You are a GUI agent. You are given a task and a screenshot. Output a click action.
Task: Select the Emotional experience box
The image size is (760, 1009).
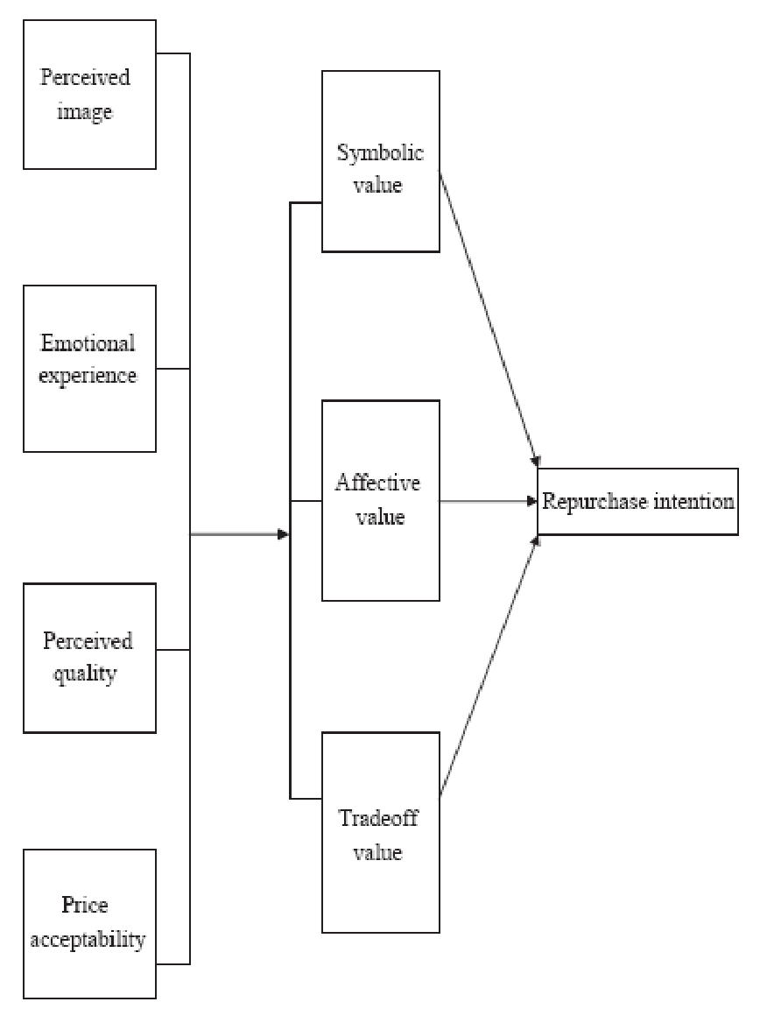(x=89, y=368)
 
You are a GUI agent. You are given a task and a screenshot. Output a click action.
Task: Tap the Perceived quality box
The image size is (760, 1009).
(x=89, y=657)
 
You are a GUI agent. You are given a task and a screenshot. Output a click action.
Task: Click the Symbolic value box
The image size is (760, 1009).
(x=380, y=163)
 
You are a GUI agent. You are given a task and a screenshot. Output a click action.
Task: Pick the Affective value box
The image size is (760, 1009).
(x=380, y=500)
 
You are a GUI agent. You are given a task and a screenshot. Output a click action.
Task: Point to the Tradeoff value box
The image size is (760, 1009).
(x=380, y=832)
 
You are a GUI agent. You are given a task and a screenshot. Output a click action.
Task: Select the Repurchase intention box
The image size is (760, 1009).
(x=637, y=503)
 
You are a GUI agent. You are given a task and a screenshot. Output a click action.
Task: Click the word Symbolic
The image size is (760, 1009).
(x=380, y=153)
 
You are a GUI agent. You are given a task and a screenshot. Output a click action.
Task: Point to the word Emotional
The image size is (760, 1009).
(x=88, y=342)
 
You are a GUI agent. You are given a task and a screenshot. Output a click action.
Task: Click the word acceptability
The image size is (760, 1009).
(x=88, y=942)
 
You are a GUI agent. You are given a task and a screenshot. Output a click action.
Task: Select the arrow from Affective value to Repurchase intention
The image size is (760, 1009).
(x=487, y=502)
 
